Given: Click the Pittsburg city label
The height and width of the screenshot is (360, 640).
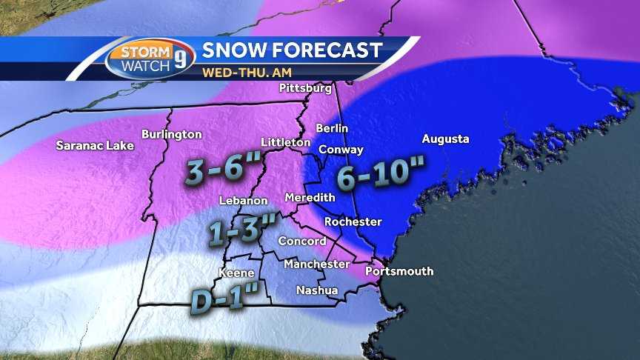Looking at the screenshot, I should point(304,88).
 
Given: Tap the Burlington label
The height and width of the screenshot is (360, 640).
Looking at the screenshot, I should point(171,134).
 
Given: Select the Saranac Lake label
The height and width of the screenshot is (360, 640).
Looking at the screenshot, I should point(95,146).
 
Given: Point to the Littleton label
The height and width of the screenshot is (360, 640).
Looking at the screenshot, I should point(285,141).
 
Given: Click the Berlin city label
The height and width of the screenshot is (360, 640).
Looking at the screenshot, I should point(332,128).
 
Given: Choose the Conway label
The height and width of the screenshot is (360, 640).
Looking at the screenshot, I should point(341,150).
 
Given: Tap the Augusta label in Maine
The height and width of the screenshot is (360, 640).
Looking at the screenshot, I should point(445,139).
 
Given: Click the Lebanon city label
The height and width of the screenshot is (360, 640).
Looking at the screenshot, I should point(243,201).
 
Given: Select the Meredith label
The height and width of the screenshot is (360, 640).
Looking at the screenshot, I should point(310,198).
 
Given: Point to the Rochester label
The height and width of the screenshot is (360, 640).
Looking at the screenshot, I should point(353,221).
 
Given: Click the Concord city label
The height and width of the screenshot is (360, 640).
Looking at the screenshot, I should point(301,241).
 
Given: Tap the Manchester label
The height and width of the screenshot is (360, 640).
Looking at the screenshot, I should point(316,264).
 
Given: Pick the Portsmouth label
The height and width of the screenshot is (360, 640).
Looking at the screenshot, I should point(399,271).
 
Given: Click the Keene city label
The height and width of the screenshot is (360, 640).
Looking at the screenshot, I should point(236,273).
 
